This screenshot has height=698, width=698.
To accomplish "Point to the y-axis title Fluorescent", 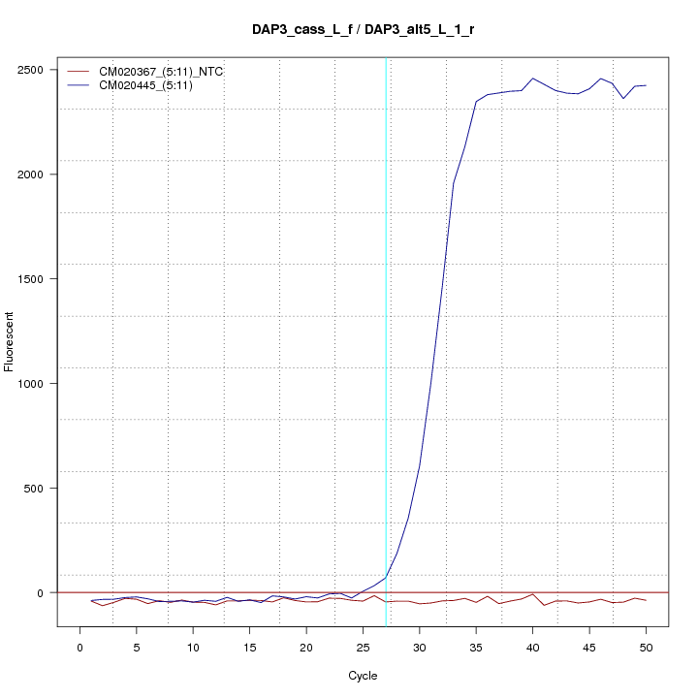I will click(11, 341).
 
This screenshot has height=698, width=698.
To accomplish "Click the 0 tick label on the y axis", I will click(44, 592).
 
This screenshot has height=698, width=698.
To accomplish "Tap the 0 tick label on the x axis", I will click(79, 647).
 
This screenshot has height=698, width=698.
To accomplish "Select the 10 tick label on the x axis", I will click(193, 647).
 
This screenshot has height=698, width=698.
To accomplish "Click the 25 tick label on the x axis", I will click(363, 647).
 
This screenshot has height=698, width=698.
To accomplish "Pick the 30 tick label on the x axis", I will click(420, 647).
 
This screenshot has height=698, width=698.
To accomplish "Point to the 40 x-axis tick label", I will click(533, 647).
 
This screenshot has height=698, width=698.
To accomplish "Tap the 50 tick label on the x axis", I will click(646, 647).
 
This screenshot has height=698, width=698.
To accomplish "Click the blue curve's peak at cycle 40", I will click(533, 79).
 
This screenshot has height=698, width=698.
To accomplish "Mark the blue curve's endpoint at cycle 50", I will click(646, 85).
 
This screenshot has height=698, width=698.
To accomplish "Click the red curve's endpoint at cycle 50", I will click(646, 601).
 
